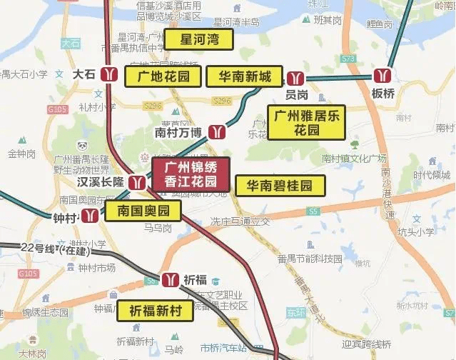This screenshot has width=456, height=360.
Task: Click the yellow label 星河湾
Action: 199,39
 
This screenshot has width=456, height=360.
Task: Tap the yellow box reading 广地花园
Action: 162,76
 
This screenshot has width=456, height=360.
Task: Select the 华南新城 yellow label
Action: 244,76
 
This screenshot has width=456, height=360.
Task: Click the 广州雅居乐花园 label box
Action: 307,123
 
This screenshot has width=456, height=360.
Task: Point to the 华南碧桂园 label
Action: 280,186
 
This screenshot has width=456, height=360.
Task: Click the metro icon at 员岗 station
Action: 297,78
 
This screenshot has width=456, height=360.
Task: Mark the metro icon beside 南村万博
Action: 216,131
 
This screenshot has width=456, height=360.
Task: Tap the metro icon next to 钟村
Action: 89,215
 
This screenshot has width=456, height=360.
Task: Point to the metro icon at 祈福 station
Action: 171,279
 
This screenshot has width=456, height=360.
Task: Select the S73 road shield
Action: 348,58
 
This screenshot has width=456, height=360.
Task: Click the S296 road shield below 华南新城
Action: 222,101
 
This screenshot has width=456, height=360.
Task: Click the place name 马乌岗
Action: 158,228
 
